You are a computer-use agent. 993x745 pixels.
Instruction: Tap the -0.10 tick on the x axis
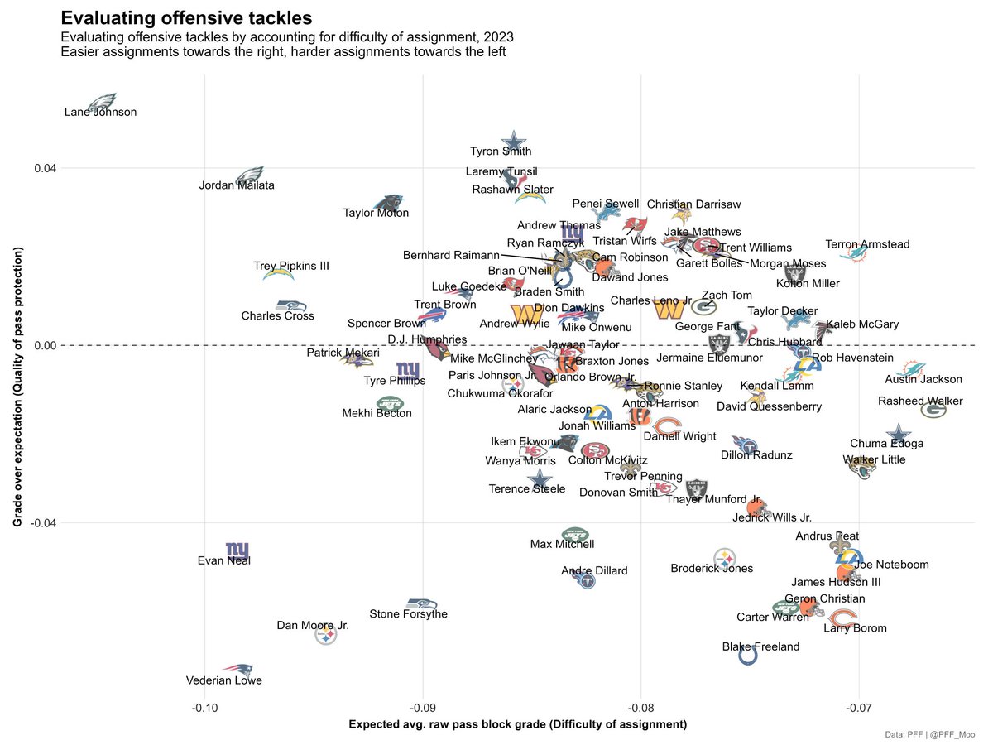[x=204, y=709]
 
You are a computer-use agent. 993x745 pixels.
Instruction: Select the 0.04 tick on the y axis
[x=43, y=168]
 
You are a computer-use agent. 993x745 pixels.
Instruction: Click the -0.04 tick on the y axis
[x=41, y=523]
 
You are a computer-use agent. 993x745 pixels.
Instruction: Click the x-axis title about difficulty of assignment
[x=517, y=725]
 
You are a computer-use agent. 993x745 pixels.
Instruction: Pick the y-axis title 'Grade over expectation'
[x=17, y=392]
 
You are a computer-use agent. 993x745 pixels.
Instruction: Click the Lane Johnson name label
[x=100, y=113]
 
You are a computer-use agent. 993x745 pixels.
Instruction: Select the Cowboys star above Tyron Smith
[x=514, y=142]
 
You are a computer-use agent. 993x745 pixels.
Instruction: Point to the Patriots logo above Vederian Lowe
[x=237, y=669]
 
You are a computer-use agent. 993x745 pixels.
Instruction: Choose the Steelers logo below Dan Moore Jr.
[x=327, y=636]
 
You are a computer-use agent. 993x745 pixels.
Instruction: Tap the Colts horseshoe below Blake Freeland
[x=747, y=656]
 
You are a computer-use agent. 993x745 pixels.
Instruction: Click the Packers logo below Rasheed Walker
[x=933, y=410]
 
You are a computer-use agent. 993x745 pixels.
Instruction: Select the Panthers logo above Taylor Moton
[x=387, y=203]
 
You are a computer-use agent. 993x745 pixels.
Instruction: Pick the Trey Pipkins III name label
[x=291, y=267]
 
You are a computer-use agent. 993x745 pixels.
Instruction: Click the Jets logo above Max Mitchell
[x=574, y=534]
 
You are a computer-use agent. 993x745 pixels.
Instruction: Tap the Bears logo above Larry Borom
[x=844, y=617]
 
